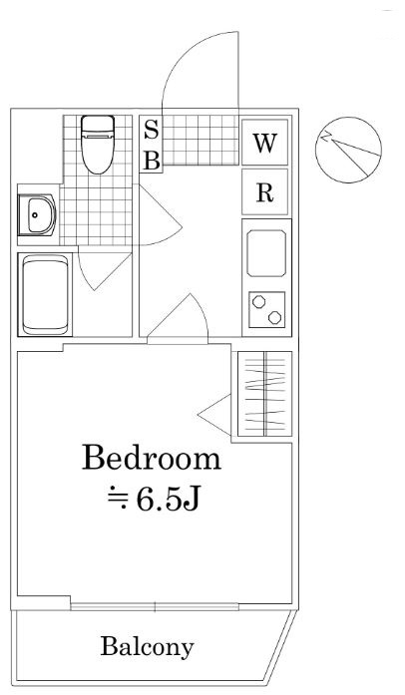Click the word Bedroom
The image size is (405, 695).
coord(152,459)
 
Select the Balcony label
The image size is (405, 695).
coord(148,647)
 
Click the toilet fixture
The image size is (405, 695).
coord(98,144)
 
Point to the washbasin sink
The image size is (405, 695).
coord(40,215)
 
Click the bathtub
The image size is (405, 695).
coord(45,295)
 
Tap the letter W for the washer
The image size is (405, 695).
coord(264,143)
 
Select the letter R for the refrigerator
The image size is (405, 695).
coord(264,192)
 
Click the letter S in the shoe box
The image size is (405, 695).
coord(152,131)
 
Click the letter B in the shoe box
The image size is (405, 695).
coord(152,160)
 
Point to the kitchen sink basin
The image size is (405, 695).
coord(266,253)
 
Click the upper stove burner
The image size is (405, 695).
coord(258,301)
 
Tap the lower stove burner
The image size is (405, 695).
coord(274,317)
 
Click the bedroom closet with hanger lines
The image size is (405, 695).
coord(264,394)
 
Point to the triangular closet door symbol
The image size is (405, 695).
coord(214,415)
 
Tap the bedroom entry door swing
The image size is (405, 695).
coord(178,318)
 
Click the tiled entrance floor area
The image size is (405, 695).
coord(201,140)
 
